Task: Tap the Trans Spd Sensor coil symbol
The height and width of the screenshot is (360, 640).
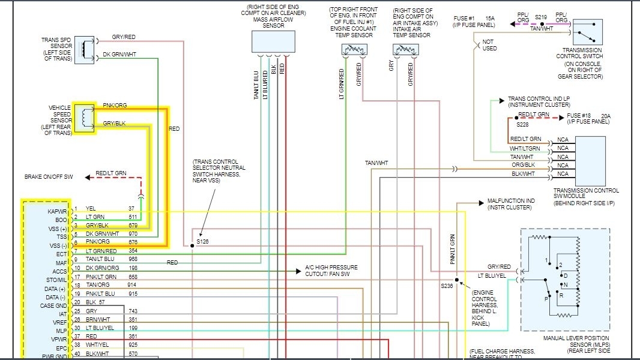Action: (88, 49)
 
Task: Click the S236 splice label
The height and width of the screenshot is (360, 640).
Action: (446, 286)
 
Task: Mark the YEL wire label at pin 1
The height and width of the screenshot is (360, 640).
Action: (91, 208)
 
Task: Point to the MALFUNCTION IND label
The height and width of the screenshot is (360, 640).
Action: (510, 201)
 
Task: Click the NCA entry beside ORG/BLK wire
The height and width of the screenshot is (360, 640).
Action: (563, 165)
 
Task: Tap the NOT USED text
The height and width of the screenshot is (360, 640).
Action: (489, 45)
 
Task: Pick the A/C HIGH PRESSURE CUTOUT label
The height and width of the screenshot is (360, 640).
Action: (331, 267)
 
